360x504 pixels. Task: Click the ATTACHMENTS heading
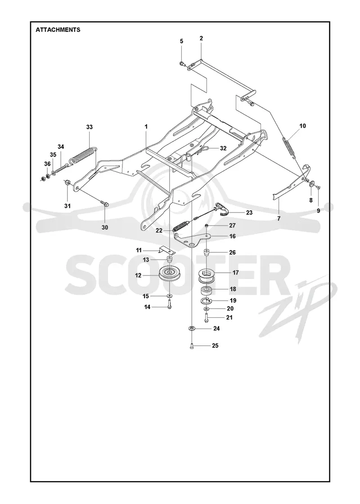pyautogui.click(x=58, y=30)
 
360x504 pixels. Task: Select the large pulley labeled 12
pyautogui.click(x=170, y=274)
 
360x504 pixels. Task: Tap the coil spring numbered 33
pyautogui.click(x=83, y=156)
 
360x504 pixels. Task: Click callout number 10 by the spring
pyautogui.click(x=302, y=126)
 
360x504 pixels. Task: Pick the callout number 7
pyautogui.click(x=279, y=219)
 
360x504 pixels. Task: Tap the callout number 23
pyautogui.click(x=249, y=212)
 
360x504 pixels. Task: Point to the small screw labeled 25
pyautogui.click(x=192, y=346)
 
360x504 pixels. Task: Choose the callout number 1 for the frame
pyautogui.click(x=146, y=126)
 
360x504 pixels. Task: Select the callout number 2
pyautogui.click(x=201, y=38)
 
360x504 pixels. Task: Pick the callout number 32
pyautogui.click(x=223, y=148)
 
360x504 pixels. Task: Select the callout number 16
pyautogui.click(x=232, y=236)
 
